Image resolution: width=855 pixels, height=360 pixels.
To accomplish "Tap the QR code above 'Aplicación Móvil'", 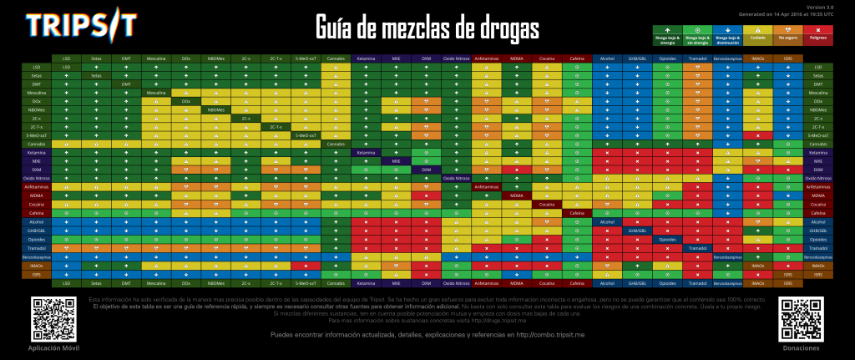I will pyautogui.click(x=49, y=317).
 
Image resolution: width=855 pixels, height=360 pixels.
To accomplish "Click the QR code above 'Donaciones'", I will pyautogui.click(x=800, y=317).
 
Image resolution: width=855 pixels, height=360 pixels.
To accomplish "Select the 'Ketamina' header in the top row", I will pyautogui.click(x=366, y=58).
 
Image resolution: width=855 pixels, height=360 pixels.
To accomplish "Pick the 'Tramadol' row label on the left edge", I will pyautogui.click(x=36, y=248).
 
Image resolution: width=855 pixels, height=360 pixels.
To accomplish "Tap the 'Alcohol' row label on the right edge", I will pyautogui.click(x=818, y=222).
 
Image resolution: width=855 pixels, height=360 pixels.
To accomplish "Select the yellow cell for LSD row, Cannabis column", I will pyautogui.click(x=336, y=67).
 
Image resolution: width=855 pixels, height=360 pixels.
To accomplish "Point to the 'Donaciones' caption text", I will pyautogui.click(x=800, y=347).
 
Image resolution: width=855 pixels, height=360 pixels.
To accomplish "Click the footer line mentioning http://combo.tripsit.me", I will pyautogui.click(x=427, y=335).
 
